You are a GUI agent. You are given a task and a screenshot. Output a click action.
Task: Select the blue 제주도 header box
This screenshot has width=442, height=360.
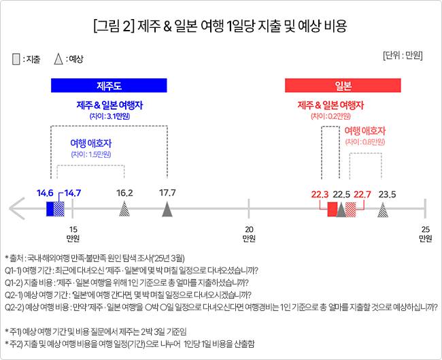[109, 86]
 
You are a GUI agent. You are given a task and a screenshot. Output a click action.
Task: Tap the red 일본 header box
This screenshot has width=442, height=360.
[343, 86]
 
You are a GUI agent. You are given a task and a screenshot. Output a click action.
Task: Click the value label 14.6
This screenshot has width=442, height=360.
[45, 193]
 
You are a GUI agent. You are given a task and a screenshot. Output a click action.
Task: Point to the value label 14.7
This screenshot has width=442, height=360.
[71, 193]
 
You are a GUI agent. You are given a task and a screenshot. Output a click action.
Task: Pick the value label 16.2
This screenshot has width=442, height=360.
[124, 193]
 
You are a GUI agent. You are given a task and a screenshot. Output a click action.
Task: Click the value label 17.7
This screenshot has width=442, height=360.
[167, 193]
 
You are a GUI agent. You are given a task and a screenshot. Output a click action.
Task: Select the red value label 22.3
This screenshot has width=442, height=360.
[320, 195]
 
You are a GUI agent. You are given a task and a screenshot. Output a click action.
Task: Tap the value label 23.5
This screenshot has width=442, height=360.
[387, 195]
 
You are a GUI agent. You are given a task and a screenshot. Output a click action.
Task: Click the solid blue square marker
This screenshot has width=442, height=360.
[50, 209]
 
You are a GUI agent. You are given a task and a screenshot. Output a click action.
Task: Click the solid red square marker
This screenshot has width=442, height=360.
[332, 209]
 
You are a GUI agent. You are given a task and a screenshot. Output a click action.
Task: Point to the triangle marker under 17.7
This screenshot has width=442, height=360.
[167, 210]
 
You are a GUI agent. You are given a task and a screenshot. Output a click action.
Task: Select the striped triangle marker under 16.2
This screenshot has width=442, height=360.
[124, 210]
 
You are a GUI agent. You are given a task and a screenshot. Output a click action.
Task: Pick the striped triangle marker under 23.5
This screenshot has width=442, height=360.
[383, 210]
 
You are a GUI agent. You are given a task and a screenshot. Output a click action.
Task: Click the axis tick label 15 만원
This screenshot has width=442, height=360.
[73, 233]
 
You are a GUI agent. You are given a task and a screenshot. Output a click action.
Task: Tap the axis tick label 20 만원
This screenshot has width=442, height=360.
[250, 233]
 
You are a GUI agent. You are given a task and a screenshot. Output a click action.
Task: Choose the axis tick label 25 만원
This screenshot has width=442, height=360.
[425, 233]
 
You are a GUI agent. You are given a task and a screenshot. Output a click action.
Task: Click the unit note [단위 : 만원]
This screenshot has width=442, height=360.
[403, 54]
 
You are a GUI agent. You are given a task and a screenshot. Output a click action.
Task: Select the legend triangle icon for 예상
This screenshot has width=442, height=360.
[59, 60]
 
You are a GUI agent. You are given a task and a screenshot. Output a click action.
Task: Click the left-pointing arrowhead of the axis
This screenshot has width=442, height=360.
[17, 209]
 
